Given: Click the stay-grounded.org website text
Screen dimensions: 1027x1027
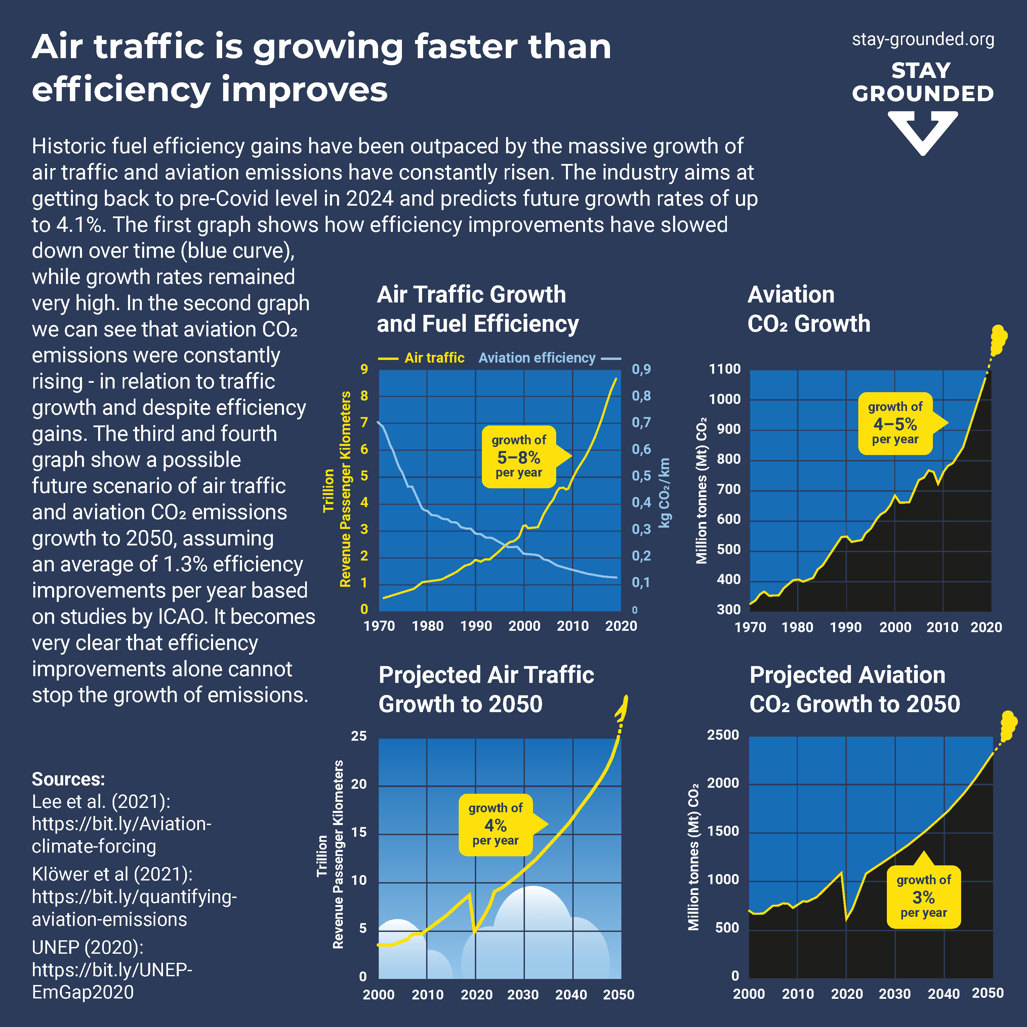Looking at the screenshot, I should [x=923, y=39].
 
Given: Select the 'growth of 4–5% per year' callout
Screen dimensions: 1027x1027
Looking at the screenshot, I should [x=896, y=424].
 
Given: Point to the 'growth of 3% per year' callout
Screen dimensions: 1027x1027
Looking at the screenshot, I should [x=924, y=897].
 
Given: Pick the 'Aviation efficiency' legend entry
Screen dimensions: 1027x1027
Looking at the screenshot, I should [x=537, y=358].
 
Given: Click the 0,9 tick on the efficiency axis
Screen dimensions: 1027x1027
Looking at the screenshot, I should [x=641, y=369].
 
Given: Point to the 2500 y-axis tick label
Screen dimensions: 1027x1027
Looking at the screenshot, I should [x=723, y=735].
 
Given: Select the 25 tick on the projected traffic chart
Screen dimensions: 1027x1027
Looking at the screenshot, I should [x=359, y=736].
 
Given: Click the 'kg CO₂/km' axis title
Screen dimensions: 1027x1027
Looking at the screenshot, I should [x=664, y=493].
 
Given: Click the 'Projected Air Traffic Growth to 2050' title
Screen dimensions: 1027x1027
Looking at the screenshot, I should [x=486, y=690].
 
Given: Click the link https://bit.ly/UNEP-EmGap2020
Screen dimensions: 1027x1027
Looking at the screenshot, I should [x=112, y=981].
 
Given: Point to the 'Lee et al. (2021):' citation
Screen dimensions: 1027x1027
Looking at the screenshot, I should [x=101, y=802].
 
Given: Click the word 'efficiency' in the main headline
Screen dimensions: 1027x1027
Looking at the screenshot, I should [x=121, y=89].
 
